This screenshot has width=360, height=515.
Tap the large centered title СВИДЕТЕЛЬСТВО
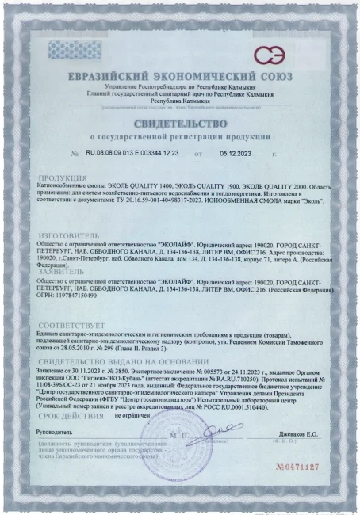(x=179, y=123)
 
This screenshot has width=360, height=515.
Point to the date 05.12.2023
(x=236, y=151)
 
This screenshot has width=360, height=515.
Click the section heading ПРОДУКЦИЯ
(x=61, y=179)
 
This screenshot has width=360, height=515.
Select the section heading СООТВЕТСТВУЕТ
(x=71, y=325)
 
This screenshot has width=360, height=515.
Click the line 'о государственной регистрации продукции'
(x=179, y=137)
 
